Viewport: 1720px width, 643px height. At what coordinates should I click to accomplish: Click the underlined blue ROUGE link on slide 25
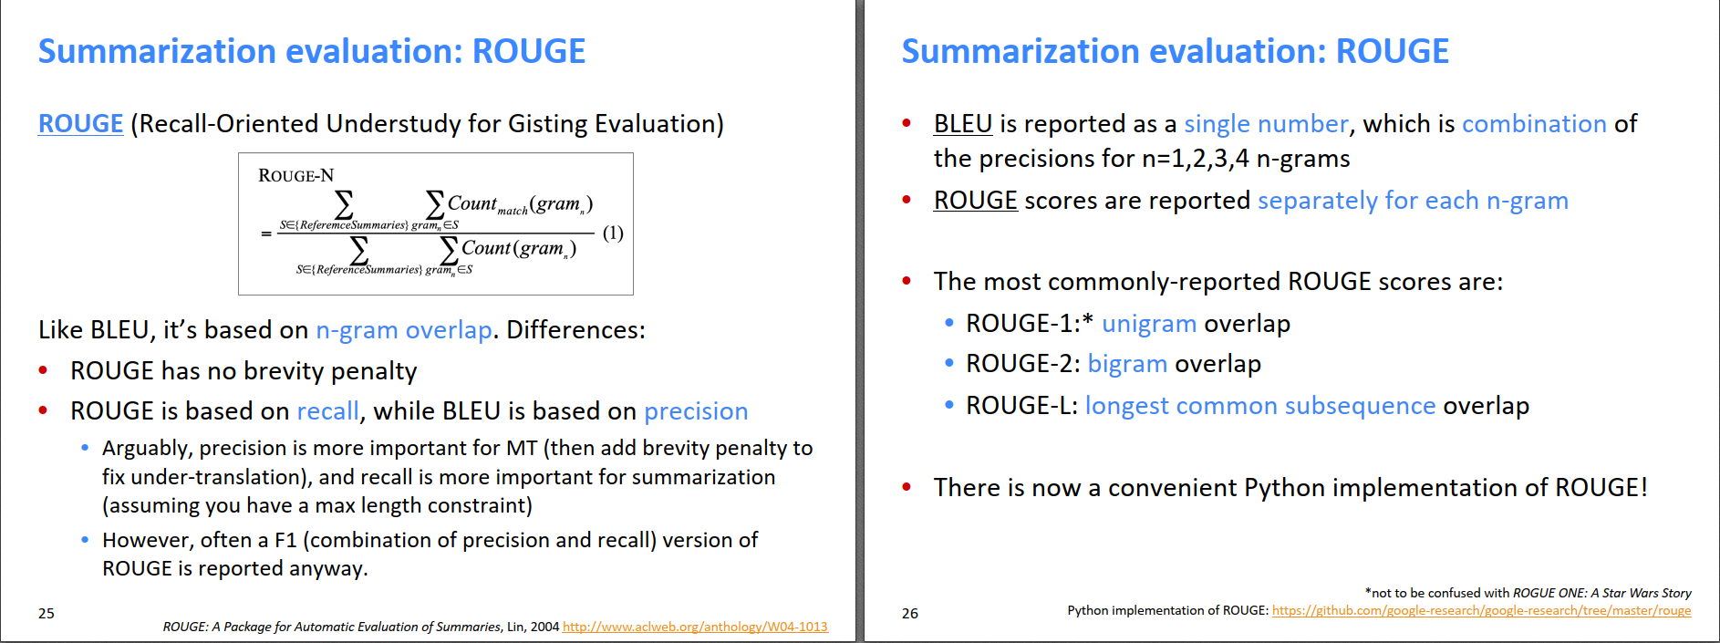click(x=80, y=123)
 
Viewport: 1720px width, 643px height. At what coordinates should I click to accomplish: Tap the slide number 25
click(x=47, y=614)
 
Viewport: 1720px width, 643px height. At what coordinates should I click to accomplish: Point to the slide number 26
click(x=910, y=614)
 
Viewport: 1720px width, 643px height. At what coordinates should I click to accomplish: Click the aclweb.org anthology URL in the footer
click(x=695, y=627)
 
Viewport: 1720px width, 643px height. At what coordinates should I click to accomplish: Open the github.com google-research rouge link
click(x=1481, y=610)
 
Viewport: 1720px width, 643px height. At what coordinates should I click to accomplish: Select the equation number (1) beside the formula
click(x=613, y=233)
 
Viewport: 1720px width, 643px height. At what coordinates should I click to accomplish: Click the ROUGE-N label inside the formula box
click(x=296, y=175)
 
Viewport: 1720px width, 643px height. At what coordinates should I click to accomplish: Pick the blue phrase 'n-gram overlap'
click(x=404, y=330)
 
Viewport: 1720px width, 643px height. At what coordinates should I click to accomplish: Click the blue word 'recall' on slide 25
click(x=328, y=411)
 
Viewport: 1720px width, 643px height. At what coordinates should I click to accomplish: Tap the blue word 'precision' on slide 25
click(x=696, y=411)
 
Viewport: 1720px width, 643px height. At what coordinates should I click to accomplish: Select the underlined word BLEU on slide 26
click(x=963, y=123)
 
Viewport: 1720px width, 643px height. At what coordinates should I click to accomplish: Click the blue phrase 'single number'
click(x=1266, y=123)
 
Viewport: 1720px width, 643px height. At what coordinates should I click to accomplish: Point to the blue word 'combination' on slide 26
click(x=1534, y=123)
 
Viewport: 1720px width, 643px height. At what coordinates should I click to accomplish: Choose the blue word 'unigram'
click(x=1149, y=324)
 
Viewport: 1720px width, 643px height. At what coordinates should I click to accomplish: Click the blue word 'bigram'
click(x=1127, y=364)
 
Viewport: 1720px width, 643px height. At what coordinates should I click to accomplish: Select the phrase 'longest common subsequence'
click(x=1260, y=406)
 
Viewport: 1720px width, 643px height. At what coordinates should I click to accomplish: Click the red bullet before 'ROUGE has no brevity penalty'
click(x=43, y=370)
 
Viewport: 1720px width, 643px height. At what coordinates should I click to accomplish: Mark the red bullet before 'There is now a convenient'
click(x=907, y=487)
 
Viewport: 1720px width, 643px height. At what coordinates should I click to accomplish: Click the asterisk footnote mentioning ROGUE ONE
click(x=1528, y=593)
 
